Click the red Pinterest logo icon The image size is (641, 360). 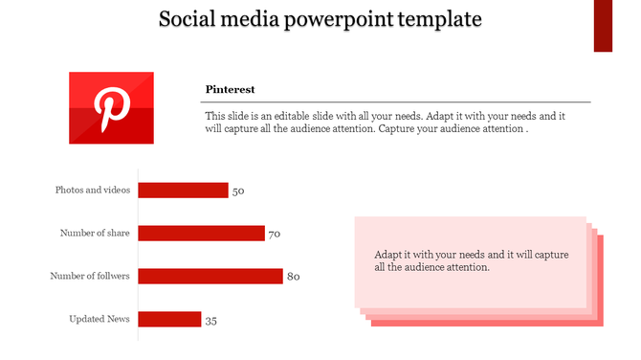tap(111, 107)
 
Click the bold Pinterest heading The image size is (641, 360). tap(230, 89)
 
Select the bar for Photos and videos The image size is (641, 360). tap(183, 191)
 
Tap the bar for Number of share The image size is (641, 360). tap(201, 233)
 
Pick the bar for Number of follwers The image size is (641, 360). tap(210, 276)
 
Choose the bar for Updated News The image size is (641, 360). tap(169, 319)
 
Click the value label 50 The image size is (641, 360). tap(238, 191)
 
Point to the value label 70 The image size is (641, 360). tap(274, 234)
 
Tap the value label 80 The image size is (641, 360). tap(294, 277)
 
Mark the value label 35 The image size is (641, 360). tap(211, 321)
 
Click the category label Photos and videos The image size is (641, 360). tap(93, 191)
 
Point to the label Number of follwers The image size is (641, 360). tap(90, 276)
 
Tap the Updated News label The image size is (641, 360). tap(99, 319)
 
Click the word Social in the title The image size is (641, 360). tap(189, 19)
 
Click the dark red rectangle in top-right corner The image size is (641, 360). tap(603, 26)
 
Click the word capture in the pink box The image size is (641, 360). tap(550, 255)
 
